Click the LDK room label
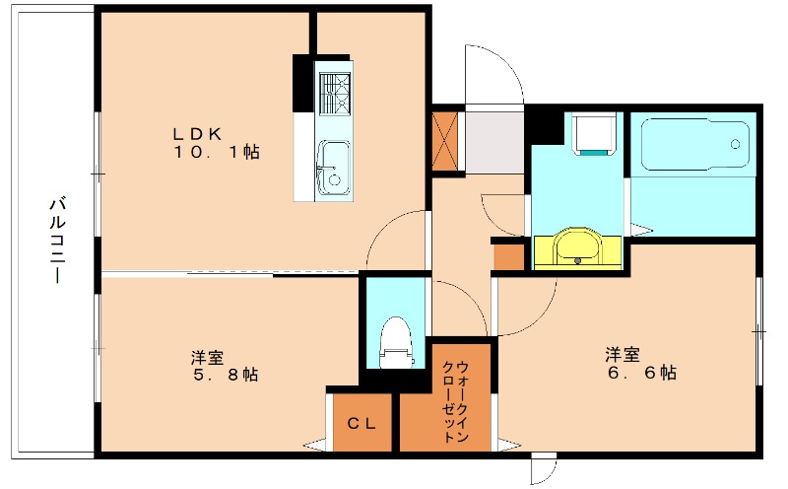coord(197,134)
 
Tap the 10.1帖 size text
coord(217,152)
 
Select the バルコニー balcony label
coord(58,241)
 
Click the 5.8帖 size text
coord(226,375)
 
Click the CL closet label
coord(361,424)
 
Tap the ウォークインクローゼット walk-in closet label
coord(455,401)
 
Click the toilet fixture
coord(396,342)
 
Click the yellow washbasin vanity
coord(577,248)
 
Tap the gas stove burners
coord(334,94)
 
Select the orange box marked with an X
coord(445,141)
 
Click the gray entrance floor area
coord(494,143)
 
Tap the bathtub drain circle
coord(735,144)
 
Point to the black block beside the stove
coord(303,83)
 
